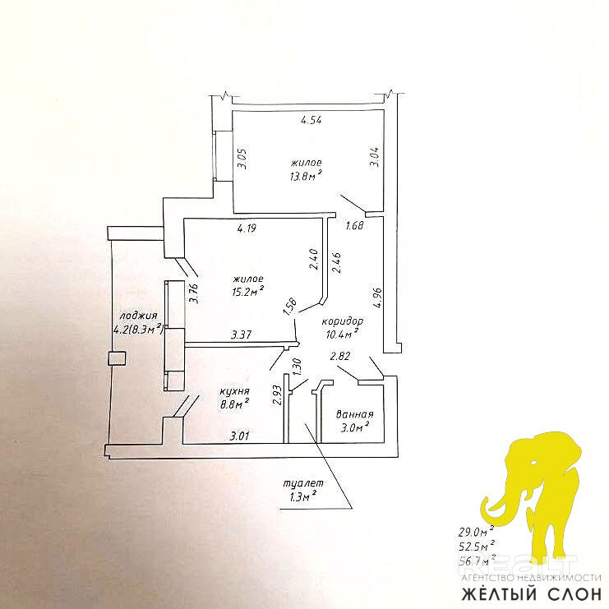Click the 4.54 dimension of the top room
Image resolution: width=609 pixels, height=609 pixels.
[x=310, y=121]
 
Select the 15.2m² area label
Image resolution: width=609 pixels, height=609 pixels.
[x=247, y=290]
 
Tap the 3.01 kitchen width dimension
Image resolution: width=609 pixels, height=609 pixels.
[x=239, y=436]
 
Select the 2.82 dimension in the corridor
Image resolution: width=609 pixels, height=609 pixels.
[x=340, y=356]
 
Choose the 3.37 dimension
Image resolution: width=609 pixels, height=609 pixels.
[x=241, y=334]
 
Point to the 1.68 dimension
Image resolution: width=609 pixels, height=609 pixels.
[x=354, y=226]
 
